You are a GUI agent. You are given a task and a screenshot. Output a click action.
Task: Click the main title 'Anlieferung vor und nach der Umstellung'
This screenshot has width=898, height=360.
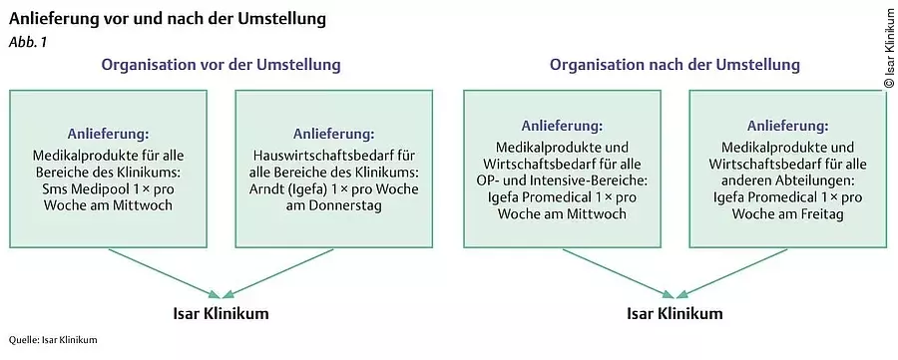(167, 19)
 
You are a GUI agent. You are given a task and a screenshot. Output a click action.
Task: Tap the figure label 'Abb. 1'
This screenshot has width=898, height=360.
(27, 42)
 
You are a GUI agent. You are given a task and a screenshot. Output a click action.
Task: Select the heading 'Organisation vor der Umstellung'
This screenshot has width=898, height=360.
(220, 66)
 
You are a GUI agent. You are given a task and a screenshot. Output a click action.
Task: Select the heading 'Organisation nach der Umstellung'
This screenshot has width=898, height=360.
(674, 66)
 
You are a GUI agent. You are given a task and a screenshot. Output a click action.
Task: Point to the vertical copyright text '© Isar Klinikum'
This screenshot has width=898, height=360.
(889, 49)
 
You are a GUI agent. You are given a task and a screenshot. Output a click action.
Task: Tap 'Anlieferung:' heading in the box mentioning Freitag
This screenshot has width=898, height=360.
(788, 127)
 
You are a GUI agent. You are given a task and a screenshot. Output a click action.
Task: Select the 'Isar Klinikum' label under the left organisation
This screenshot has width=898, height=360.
(221, 314)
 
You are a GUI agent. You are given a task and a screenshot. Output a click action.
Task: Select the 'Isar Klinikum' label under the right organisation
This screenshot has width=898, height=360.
(674, 314)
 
